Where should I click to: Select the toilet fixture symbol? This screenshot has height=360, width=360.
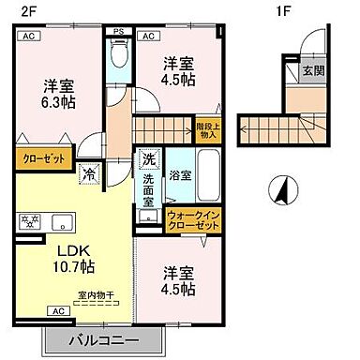coord(117,57)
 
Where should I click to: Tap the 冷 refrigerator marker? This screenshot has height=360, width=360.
coord(88,173)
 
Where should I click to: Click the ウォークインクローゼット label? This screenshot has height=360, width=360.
coord(193,221)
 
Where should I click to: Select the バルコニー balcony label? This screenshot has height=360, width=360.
coord(103,339)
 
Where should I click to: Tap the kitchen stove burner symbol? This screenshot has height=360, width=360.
coord(28,222)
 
